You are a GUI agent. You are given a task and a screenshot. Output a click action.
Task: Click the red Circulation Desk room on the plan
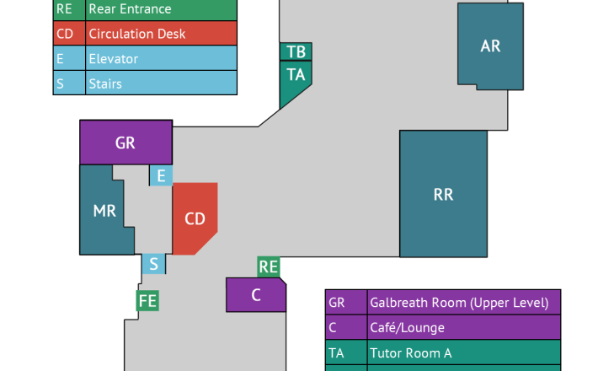[195, 218]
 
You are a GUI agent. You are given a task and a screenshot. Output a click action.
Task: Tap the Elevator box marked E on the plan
[161, 175]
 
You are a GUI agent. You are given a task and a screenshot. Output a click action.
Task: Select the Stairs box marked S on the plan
[153, 264]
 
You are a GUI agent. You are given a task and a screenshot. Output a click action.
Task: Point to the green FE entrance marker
[148, 300]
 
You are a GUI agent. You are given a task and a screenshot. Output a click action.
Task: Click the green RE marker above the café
[269, 267]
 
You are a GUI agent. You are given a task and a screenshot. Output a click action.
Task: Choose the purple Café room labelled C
[256, 295]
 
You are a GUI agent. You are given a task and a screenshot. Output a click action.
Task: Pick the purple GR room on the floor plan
[125, 142]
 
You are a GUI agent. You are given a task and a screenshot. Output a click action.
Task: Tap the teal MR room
[104, 211]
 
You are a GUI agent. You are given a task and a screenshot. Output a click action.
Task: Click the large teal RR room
[443, 194]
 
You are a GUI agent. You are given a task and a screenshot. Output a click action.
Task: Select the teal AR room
[490, 46]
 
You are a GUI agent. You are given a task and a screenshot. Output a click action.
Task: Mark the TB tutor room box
[296, 52]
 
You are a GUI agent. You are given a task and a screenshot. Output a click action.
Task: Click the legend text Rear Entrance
[130, 9]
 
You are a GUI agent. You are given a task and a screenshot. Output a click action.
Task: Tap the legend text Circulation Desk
[136, 35]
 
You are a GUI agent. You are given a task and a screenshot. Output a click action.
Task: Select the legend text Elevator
[113, 59]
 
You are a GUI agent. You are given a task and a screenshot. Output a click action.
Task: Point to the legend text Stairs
[105, 83]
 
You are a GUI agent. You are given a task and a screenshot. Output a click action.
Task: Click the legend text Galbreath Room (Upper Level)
[458, 303]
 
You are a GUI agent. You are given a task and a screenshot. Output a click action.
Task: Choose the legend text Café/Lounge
[407, 327]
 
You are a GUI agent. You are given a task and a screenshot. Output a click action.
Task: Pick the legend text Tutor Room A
[410, 352]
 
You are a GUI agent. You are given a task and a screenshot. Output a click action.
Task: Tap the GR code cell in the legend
[337, 303]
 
